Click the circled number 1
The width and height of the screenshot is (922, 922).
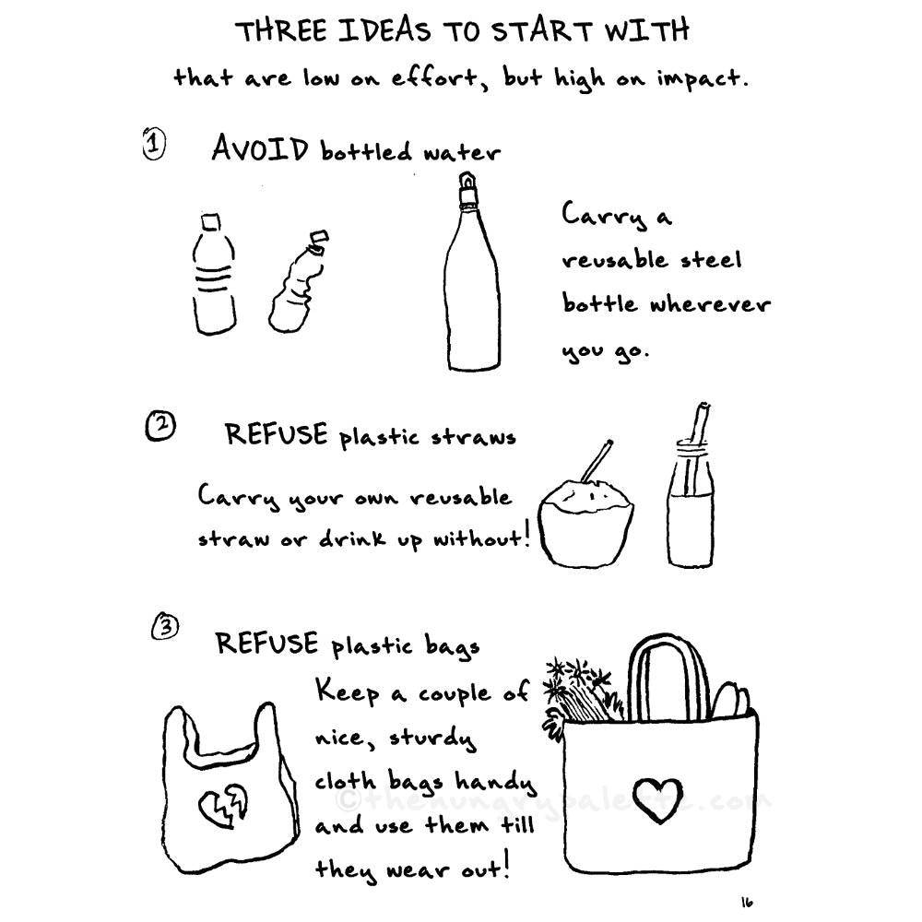(154, 146)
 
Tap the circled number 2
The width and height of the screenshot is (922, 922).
(160, 426)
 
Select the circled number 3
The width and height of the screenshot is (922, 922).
(166, 627)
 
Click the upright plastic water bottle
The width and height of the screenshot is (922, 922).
(214, 274)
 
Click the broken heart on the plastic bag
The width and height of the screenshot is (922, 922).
(223, 802)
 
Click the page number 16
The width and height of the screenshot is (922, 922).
(747, 901)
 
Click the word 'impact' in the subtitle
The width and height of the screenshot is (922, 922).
(699, 78)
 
